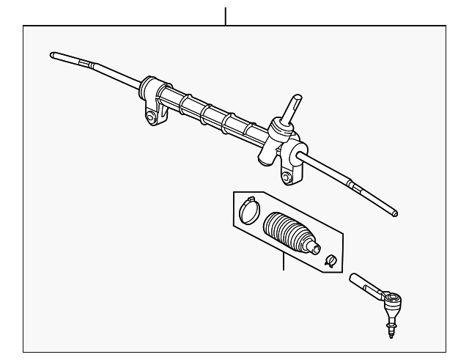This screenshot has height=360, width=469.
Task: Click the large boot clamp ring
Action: click(248, 211)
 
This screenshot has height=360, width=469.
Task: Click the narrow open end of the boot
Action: click(317, 247)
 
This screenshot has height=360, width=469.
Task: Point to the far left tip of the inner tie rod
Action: click(53, 54)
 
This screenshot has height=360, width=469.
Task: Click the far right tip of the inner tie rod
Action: click(396, 213)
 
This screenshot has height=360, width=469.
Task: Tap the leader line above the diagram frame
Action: click(226, 15)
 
